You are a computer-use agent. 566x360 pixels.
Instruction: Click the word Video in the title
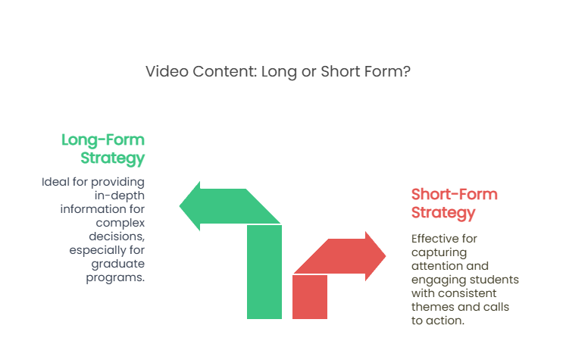click(167, 71)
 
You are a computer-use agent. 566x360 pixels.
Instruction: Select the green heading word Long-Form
click(103, 140)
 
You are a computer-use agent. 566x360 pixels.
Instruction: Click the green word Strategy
click(113, 158)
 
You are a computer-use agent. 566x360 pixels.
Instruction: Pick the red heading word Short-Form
click(455, 194)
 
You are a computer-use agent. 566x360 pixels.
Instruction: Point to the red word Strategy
click(443, 213)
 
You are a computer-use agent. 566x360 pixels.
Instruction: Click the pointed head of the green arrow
click(190, 206)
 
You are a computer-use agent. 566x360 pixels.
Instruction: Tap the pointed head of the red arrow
click(375, 256)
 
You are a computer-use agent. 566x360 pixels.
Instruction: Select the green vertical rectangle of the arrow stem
click(264, 272)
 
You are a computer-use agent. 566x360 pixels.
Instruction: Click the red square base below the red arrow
click(310, 297)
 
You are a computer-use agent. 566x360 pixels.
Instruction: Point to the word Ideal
click(55, 182)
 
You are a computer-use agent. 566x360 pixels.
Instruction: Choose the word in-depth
click(120, 196)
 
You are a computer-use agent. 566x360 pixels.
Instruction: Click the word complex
click(120, 223)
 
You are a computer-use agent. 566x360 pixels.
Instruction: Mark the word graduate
click(118, 264)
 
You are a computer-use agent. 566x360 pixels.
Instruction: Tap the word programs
click(115, 277)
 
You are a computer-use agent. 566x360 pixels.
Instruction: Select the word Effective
click(435, 239)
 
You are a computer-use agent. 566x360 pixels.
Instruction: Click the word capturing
click(439, 253)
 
